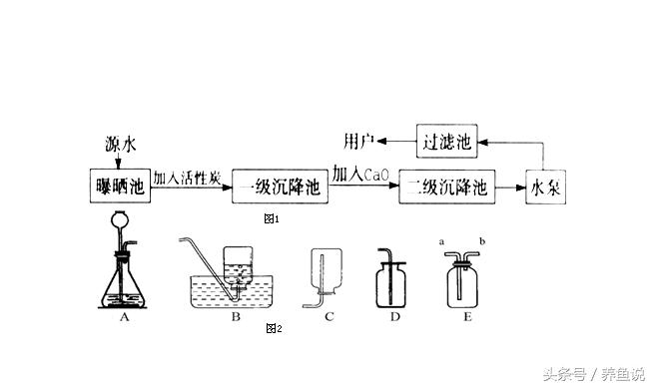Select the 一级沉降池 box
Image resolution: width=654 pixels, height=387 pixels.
281,188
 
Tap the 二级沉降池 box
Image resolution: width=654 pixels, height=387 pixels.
445,188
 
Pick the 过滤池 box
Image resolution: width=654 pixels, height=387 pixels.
446,141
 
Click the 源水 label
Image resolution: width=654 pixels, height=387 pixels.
119,143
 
